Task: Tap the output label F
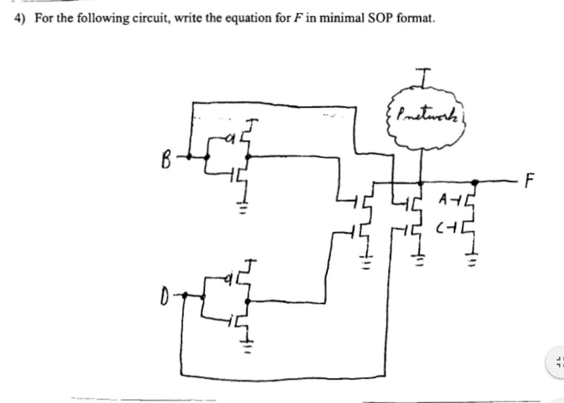[x=529, y=180]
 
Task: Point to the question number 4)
[x=20, y=18]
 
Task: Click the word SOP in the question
[x=379, y=18]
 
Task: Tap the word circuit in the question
[x=148, y=18]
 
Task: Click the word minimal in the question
[x=335, y=18]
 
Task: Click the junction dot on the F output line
[x=475, y=181]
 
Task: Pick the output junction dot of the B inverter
[x=248, y=156]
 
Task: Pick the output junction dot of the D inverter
[x=248, y=301]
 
